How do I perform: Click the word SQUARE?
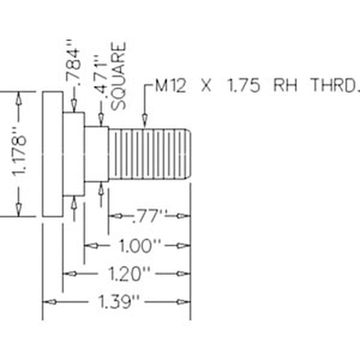tap(118, 76)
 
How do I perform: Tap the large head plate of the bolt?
tap(53, 154)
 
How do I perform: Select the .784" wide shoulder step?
tap(73, 154)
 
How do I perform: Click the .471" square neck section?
tap(96, 154)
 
